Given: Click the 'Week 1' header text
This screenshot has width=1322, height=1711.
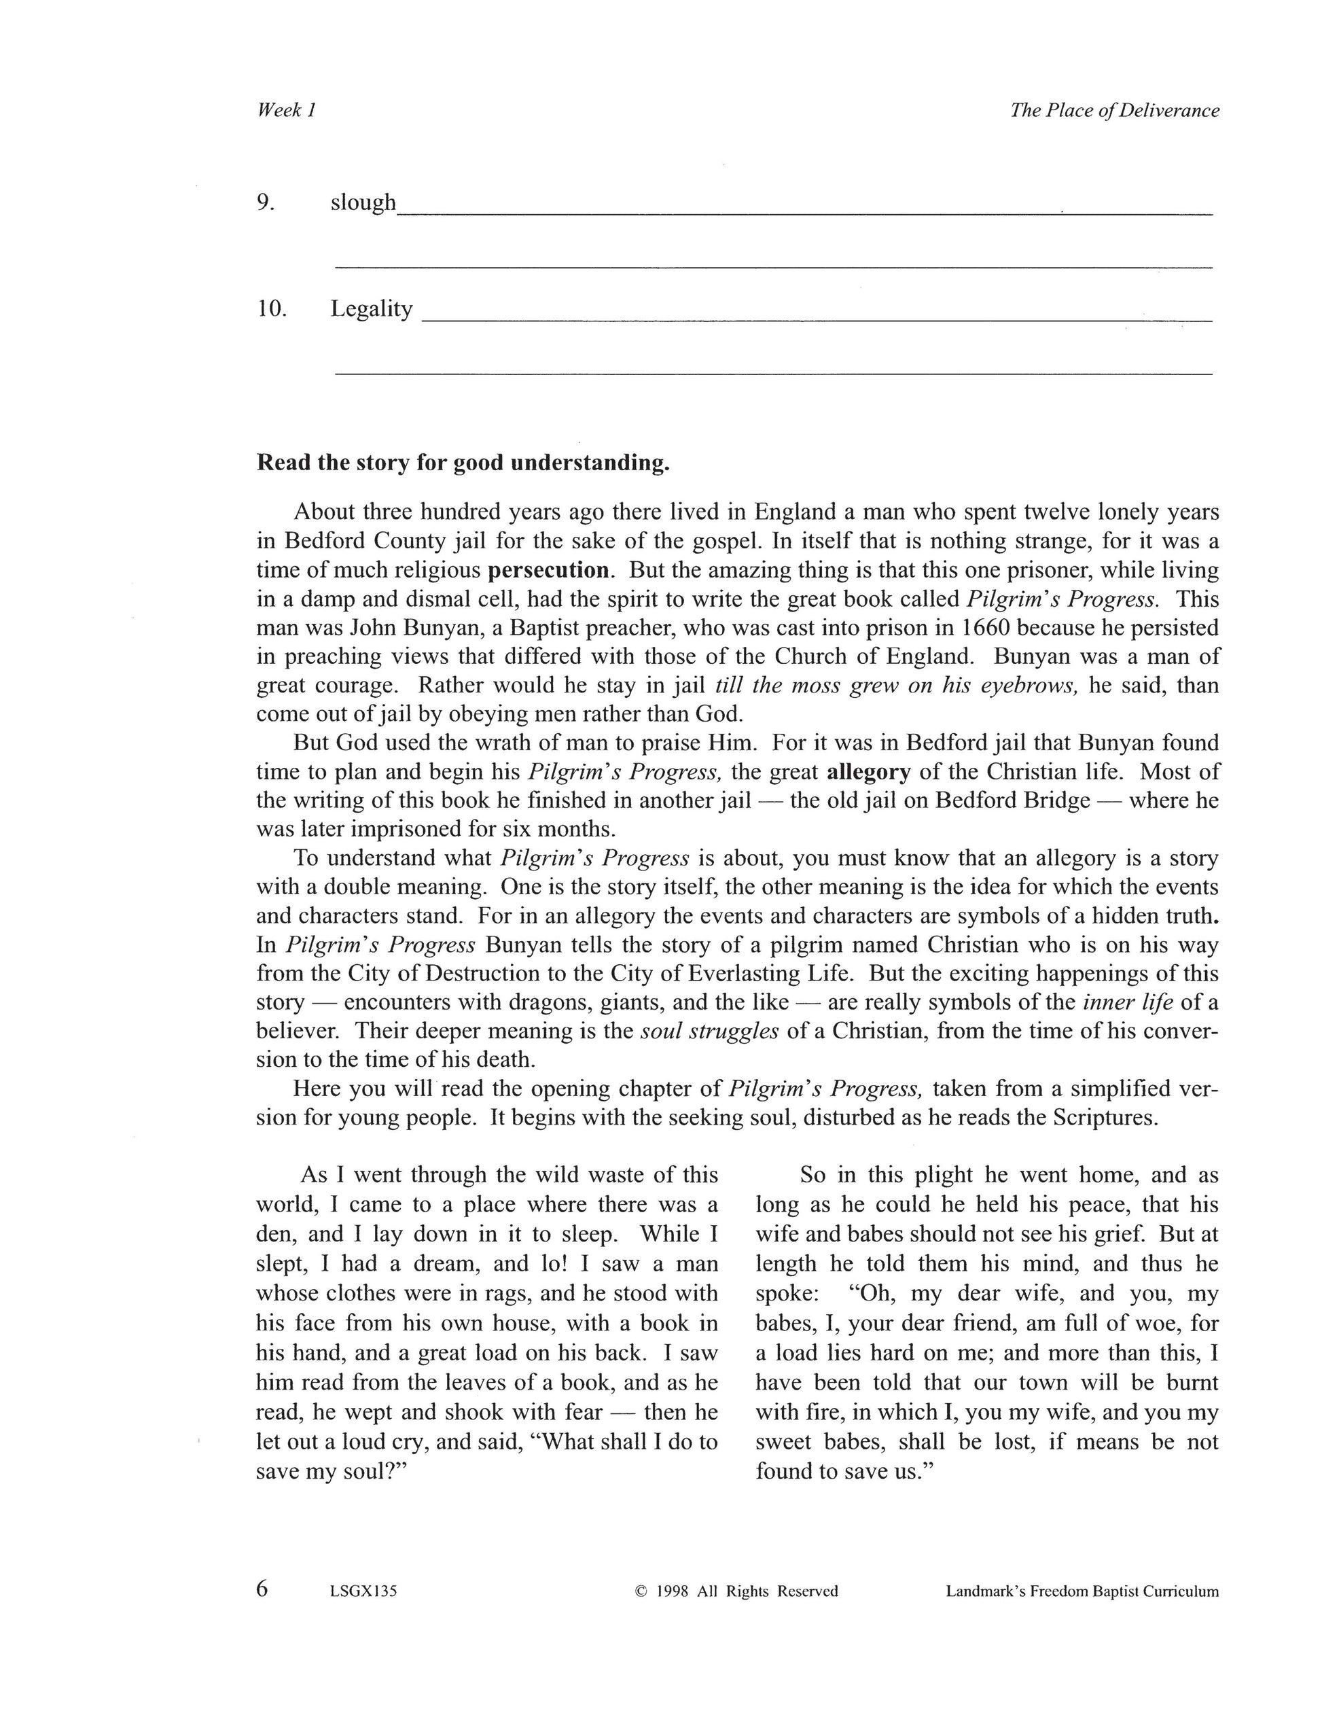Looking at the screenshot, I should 286,111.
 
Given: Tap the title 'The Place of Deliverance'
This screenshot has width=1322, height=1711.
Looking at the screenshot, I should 1113,111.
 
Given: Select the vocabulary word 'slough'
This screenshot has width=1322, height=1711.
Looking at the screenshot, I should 363,203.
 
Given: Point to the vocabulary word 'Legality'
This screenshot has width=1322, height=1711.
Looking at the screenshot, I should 371,308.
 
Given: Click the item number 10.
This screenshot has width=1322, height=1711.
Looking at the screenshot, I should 271,308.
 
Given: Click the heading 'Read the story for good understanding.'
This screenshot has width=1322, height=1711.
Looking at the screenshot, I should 463,463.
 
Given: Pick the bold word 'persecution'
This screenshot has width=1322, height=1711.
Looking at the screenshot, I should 548,570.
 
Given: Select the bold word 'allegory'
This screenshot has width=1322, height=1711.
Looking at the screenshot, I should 869,772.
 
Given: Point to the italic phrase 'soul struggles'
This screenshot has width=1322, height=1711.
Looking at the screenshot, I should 709,1031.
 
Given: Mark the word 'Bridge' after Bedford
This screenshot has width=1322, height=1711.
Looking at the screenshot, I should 1055,800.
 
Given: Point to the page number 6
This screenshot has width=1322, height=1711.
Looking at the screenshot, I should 262,1589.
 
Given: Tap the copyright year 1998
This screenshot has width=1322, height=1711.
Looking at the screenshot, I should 672,1591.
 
